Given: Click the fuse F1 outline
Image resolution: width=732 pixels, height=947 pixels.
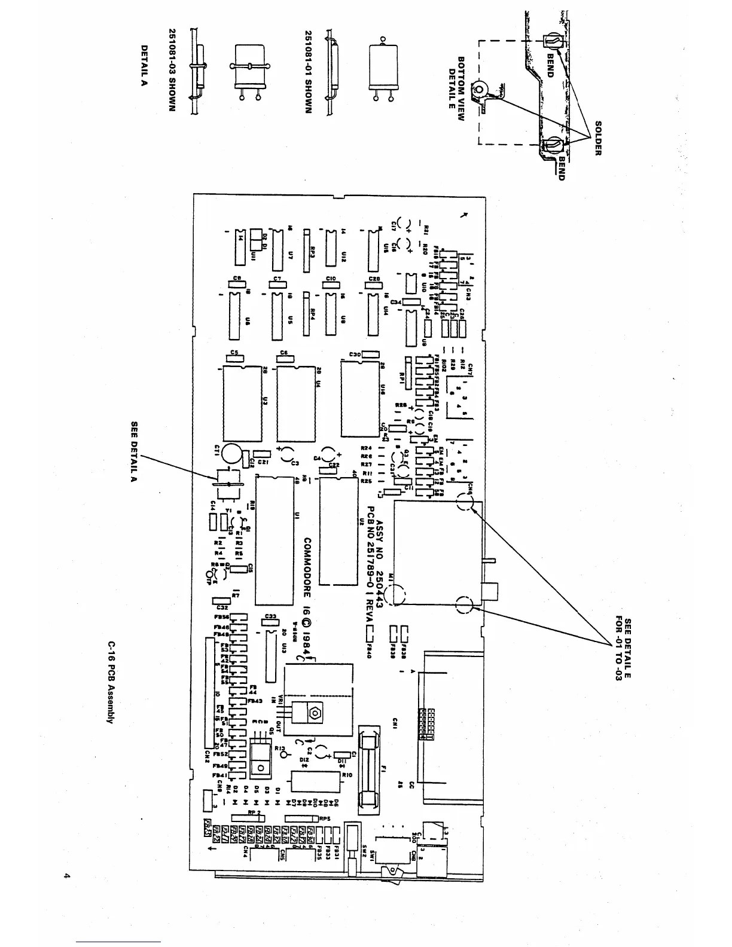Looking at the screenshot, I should [x=368, y=768].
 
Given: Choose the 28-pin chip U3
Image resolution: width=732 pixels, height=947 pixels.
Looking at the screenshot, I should [x=241, y=403].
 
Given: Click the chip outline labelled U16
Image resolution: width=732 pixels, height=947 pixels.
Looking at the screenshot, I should [x=359, y=399].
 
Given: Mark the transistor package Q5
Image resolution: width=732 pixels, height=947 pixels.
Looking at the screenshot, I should [x=261, y=759].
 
